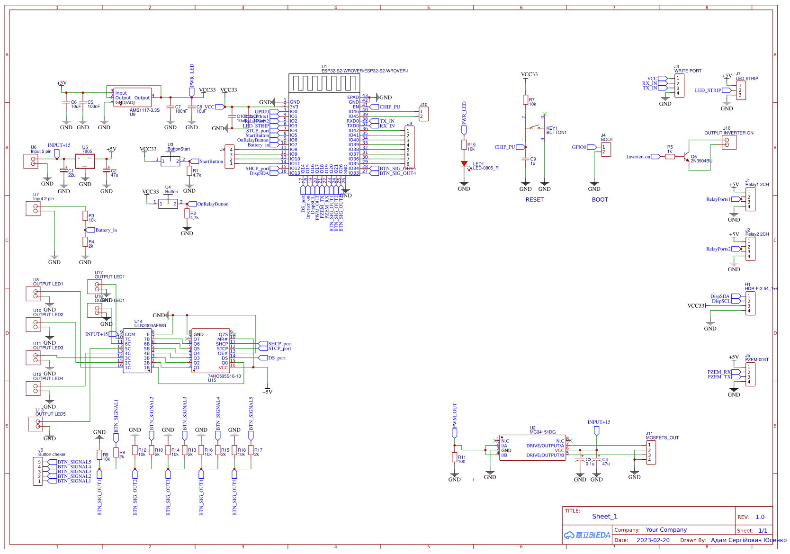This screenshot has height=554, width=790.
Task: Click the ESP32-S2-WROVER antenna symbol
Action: click(324, 83)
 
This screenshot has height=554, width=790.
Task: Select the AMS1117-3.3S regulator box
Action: click(133, 98)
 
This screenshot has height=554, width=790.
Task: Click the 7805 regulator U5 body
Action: click(85, 161)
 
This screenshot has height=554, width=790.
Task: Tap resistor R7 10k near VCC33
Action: click(525, 99)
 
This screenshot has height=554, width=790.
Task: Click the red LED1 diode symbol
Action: click(464, 164)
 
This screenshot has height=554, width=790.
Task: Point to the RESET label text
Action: click(534, 200)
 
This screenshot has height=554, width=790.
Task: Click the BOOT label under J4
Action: click(600, 200)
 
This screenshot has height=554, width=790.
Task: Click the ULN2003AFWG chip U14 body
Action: click(137, 351)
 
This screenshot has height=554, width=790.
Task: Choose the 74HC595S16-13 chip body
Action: click(211, 351)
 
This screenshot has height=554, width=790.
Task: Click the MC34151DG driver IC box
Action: click(532, 448)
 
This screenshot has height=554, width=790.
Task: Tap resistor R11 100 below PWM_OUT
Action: click(455, 457)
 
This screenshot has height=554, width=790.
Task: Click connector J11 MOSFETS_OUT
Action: click(651, 452)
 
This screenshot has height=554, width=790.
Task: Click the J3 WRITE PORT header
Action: click(679, 86)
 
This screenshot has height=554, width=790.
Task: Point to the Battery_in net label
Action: click(106, 230)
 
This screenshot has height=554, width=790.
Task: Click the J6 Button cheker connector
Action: click(38, 472)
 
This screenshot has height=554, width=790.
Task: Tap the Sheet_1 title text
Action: click(604, 517)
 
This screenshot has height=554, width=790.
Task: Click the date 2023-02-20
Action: click(653, 540)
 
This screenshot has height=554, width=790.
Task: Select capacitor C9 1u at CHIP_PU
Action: click(525, 160)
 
